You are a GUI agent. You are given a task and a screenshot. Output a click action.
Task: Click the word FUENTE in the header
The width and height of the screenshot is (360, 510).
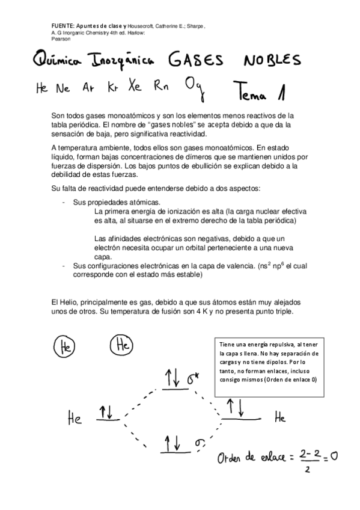pyautogui.click(x=63, y=26)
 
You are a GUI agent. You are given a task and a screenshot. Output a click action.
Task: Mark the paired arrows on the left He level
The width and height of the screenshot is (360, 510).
pyautogui.click(x=109, y=412)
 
